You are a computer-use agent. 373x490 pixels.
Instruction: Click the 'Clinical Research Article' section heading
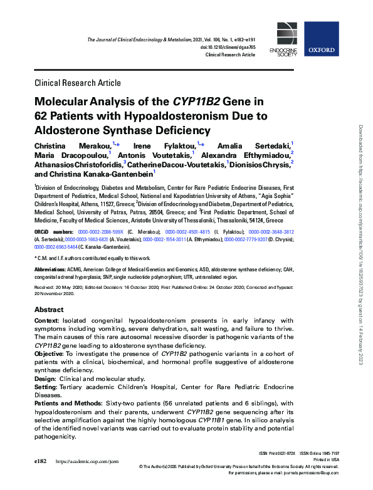(x=77, y=83)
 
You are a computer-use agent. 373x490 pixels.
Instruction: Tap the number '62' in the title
(x=43, y=116)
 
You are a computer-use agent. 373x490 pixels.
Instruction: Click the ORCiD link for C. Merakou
(x=100, y=231)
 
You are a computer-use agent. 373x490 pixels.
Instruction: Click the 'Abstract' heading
(x=49, y=310)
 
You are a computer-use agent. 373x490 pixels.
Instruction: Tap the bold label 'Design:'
(x=47, y=378)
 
